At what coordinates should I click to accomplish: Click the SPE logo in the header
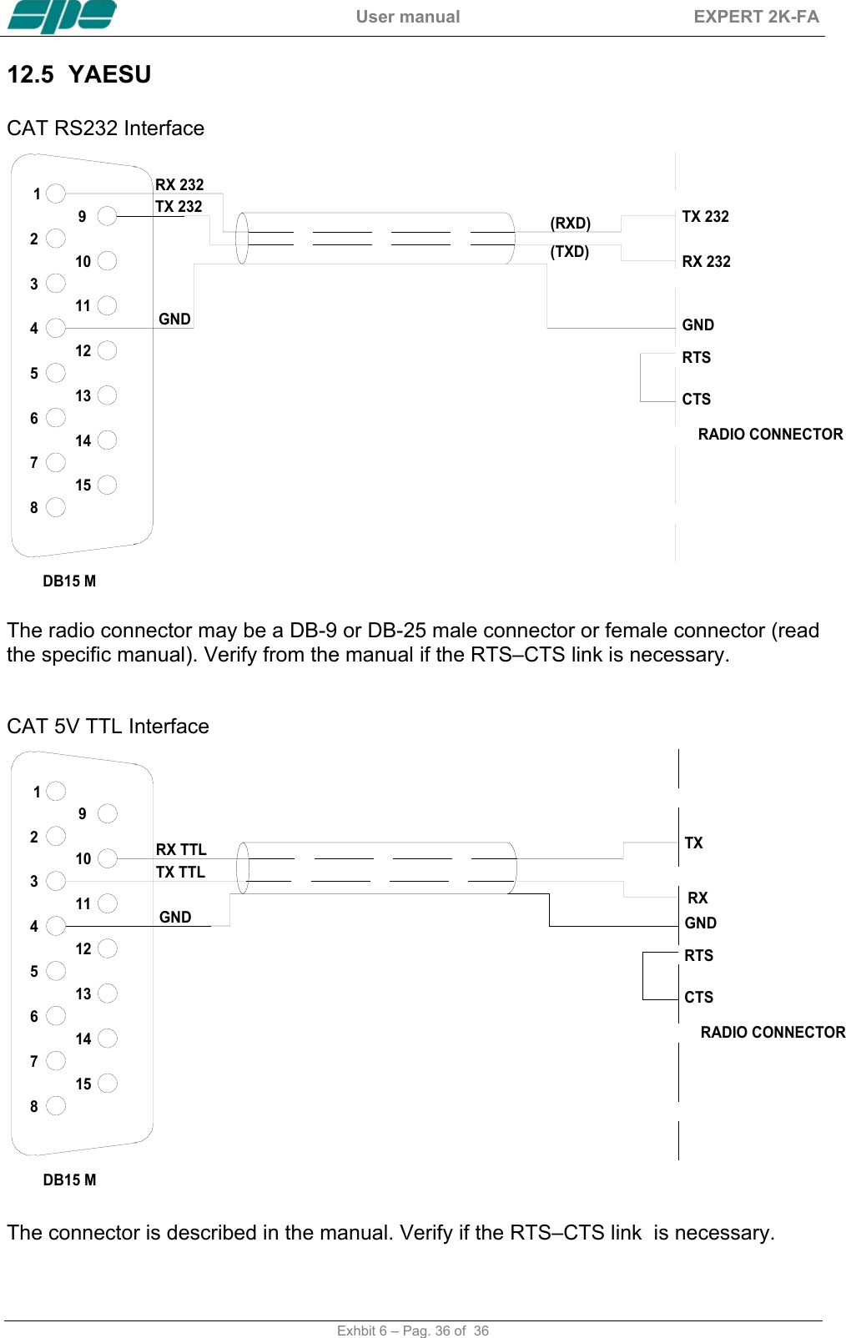point(62,17)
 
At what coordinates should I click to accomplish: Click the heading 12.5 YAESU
point(79,75)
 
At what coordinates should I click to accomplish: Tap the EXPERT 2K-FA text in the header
point(756,17)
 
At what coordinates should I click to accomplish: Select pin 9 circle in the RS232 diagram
point(107,216)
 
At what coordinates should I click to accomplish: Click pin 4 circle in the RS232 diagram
point(56,328)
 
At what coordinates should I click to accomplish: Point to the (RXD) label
point(570,223)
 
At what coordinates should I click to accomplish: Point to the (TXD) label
point(569,251)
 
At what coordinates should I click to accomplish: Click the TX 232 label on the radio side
point(705,217)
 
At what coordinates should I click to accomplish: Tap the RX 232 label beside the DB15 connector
point(179,184)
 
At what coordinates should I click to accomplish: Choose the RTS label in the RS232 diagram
point(696,358)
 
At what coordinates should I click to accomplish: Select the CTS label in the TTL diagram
point(698,997)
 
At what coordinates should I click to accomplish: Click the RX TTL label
point(181,849)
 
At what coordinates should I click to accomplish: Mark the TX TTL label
point(180,872)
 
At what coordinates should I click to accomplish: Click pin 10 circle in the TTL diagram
point(107,858)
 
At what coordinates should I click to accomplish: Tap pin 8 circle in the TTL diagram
point(56,1105)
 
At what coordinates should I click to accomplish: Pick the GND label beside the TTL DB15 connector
point(175,917)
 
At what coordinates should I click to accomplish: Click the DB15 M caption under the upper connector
point(69,581)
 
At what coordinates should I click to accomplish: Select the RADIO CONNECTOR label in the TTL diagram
point(773,1032)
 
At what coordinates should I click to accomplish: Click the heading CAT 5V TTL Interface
point(108,726)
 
